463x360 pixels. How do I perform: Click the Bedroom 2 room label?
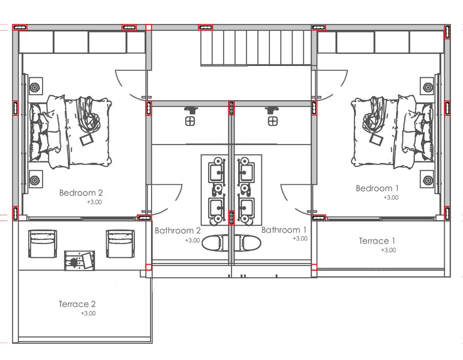(81, 193)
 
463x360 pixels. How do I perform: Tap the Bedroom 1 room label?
(377, 188)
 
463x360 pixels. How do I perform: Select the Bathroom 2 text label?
(178, 230)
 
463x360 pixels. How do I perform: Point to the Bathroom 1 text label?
(284, 230)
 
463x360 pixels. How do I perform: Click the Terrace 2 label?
(77, 304)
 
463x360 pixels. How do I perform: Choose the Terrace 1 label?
(377, 241)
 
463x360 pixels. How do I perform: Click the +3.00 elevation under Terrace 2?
(88, 313)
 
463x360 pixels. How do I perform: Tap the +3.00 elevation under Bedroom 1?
(391, 197)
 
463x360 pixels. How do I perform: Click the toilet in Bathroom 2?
(215, 243)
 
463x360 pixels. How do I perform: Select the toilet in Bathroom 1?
(248, 243)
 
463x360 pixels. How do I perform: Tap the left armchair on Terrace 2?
(43, 244)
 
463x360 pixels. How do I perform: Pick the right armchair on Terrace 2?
(121, 244)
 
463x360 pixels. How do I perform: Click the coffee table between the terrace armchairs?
(80, 260)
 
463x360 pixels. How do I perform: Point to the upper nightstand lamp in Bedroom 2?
(35, 88)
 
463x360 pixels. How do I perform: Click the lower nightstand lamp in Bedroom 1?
(428, 179)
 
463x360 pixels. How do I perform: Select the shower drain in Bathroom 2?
(190, 121)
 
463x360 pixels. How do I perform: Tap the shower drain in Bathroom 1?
(272, 121)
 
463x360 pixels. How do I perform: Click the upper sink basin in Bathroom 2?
(217, 172)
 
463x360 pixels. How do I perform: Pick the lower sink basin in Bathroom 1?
(246, 208)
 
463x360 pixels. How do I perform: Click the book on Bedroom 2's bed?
(86, 140)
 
